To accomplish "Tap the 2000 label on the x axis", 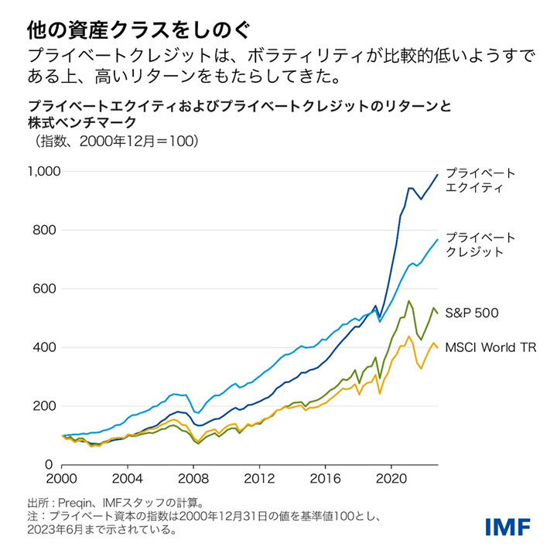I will click(x=63, y=479).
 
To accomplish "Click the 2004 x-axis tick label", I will click(x=128, y=479).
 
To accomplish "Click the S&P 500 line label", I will click(x=477, y=313).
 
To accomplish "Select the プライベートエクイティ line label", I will click(x=480, y=180).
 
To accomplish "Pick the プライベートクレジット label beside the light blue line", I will click(x=480, y=244).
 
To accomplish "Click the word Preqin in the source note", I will click(x=79, y=502).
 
